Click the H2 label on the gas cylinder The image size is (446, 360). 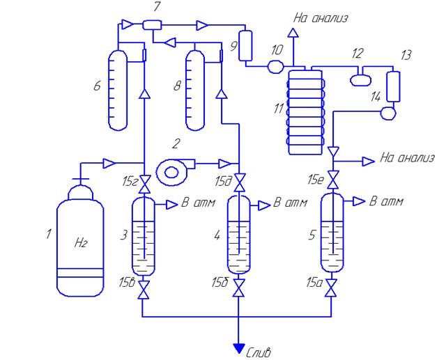tap(81, 243)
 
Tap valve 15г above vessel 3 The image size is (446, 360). tap(145, 184)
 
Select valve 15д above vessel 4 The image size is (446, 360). tap(240, 182)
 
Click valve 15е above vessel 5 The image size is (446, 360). tap(332, 180)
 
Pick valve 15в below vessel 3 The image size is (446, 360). tap(144, 290)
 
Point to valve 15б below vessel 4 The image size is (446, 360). tap(239, 288)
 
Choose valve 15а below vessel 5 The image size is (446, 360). tap(332, 288)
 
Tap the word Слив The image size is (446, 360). tap(258, 352)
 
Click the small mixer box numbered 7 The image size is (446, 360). tap(152, 25)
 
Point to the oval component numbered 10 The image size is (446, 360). tap(276, 67)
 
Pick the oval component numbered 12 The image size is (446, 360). tap(361, 80)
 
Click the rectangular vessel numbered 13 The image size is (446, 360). tap(393, 86)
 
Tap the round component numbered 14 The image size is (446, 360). tap(388, 113)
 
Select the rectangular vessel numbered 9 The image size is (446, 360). tap(245, 45)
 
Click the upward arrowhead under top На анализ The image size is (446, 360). tap(293, 33)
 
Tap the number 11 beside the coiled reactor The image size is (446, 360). tap(279, 108)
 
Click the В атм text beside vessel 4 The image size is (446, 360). tap(290, 203)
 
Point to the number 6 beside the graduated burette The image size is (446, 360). tap(98, 85)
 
